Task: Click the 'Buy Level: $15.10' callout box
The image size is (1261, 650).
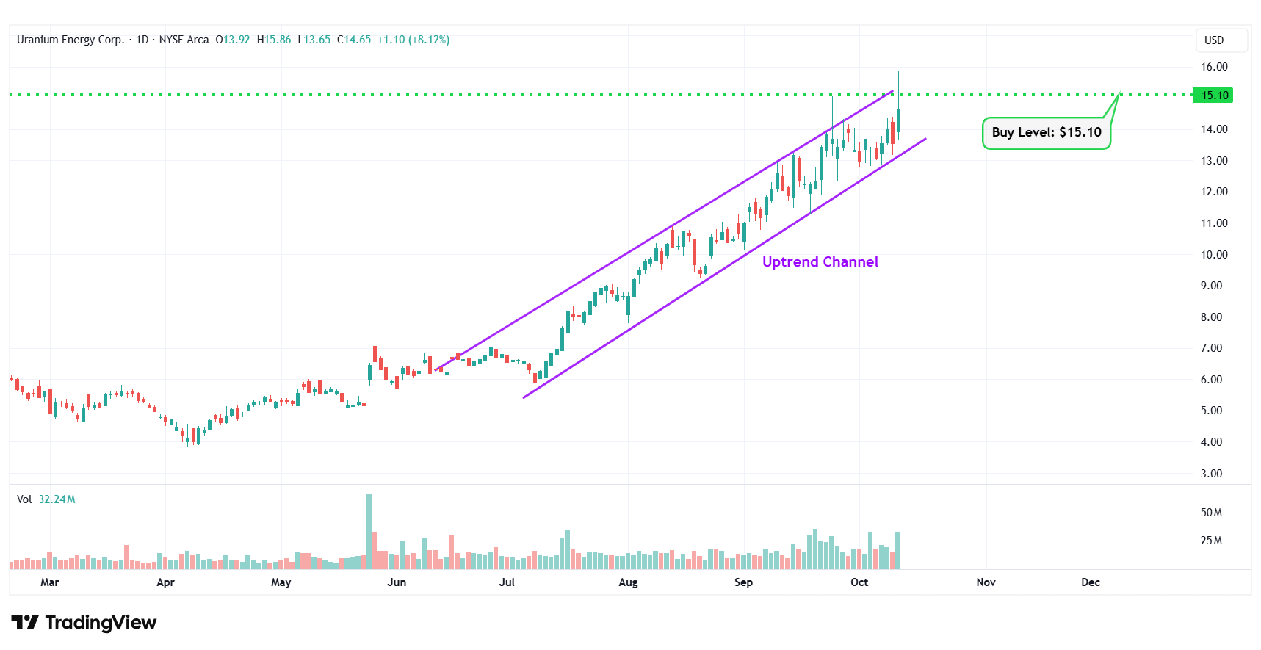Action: click(1046, 133)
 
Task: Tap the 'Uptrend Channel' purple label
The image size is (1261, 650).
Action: click(820, 262)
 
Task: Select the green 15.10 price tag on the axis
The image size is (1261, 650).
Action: click(1214, 95)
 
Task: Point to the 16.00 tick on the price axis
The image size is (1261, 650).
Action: click(1214, 67)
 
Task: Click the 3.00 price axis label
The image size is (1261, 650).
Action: click(1211, 474)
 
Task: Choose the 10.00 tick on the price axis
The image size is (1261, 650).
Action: click(1214, 255)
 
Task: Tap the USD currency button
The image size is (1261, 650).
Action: click(1214, 40)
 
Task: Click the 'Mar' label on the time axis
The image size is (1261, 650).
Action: click(50, 582)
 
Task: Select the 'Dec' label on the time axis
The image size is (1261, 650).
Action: click(1091, 582)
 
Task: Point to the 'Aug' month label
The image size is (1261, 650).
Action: click(628, 582)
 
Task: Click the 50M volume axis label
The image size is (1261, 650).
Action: click(1211, 513)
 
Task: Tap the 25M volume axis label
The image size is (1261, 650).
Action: click(1211, 541)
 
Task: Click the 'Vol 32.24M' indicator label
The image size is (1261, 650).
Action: click(46, 499)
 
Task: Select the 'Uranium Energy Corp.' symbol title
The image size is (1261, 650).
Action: click(71, 40)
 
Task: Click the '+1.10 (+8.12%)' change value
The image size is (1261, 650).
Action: click(413, 40)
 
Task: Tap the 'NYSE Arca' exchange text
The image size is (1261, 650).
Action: click(184, 40)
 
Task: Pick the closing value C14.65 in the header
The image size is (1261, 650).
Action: click(354, 40)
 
